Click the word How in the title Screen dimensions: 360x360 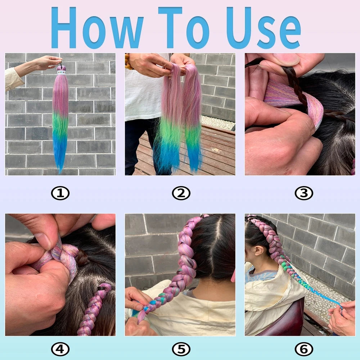(x=96, y=28)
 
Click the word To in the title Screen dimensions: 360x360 (x=184, y=28)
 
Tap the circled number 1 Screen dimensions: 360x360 (x=60, y=194)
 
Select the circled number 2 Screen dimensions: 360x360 (x=181, y=194)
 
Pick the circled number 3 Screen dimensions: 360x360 (x=303, y=194)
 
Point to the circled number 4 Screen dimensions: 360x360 (x=60, y=349)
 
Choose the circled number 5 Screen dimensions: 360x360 (x=181, y=349)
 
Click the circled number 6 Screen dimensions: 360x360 (x=303, y=349)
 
